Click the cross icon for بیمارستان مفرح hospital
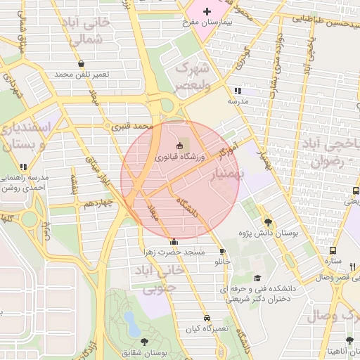click(207, 12)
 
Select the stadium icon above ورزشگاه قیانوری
click(180, 146)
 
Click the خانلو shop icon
click(222, 252)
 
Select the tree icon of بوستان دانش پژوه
click(267, 221)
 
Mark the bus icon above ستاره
click(333, 250)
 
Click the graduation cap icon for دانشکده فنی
click(257, 278)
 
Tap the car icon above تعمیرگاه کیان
click(206, 318)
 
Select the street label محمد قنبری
click(133, 127)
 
